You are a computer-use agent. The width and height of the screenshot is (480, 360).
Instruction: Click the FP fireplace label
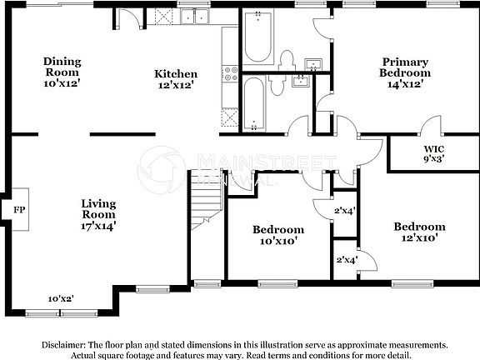[17, 211]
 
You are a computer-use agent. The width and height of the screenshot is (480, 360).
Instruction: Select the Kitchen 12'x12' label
[176, 79]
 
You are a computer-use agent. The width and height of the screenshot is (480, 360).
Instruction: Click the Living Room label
[98, 213]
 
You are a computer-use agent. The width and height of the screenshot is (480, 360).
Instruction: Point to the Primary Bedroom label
[405, 72]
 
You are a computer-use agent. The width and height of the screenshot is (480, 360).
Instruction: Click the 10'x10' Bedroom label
[278, 235]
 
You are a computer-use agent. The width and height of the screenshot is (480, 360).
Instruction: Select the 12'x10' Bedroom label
[419, 232]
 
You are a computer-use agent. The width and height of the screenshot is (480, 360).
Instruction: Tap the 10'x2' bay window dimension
[60, 298]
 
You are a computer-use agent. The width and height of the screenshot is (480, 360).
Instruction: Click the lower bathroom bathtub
[255, 102]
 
